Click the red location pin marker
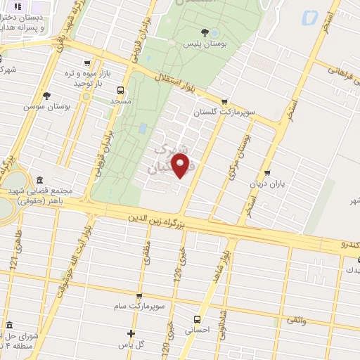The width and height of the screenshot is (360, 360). pos(181,167)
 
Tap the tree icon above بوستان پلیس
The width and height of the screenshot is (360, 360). pos(205,32)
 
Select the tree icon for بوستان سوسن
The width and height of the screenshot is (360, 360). pos(47,95)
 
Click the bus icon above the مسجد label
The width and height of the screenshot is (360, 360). pos(120,90)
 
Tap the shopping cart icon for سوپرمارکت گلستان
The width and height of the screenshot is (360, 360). pos(224,101)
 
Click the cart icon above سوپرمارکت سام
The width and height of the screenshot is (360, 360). pos(139,296)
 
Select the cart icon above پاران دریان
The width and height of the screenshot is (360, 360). pos(267,173)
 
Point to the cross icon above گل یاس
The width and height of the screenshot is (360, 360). pos(131,333)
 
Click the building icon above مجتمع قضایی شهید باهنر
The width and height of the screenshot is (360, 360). pos(39,179)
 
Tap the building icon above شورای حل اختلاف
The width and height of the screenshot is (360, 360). pos(10,326)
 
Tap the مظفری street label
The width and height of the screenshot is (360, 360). pos(147,252)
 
